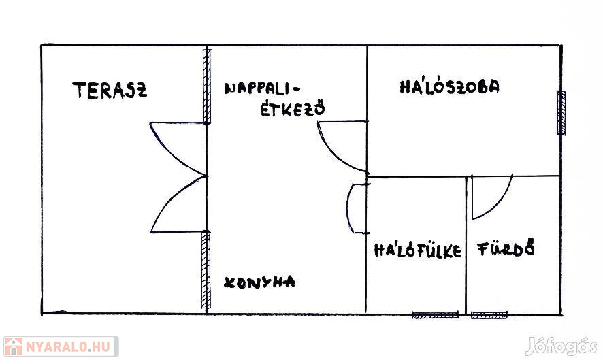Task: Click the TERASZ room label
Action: click(110, 91)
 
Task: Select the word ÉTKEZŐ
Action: click(293, 108)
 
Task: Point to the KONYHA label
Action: click(259, 282)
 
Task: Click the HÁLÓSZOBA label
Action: click(450, 86)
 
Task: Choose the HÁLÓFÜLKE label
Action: click(418, 250)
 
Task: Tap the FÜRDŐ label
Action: click(506, 248)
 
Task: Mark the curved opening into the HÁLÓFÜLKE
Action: click(348, 208)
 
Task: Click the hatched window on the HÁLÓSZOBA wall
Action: click(561, 113)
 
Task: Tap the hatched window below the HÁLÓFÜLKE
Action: click(435, 315)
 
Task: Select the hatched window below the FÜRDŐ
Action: click(489, 315)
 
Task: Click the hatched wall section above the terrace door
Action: click(207, 86)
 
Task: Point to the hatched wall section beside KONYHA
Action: click(206, 270)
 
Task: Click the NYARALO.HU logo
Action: click(61, 346)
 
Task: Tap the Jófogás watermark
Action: click(561, 346)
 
